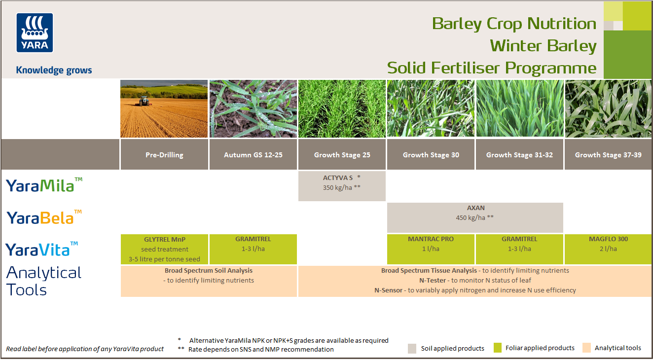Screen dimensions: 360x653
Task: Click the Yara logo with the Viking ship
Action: pyautogui.click(x=35, y=33)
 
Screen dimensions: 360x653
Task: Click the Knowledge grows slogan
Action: pyautogui.click(x=54, y=70)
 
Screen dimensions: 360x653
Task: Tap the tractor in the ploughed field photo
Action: pyautogui.click(x=144, y=101)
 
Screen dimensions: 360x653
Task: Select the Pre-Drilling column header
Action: pyautogui.click(x=164, y=155)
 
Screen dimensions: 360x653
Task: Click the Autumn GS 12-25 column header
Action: pyautogui.click(x=253, y=155)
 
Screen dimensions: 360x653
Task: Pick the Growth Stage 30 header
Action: pyautogui.click(x=431, y=155)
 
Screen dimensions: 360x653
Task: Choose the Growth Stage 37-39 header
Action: pyautogui.click(x=608, y=155)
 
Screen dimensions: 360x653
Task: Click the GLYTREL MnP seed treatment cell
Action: pyautogui.click(x=164, y=249)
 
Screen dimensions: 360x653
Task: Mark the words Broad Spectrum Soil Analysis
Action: pyautogui.click(x=208, y=271)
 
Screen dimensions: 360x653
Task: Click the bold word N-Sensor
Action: pyautogui.click(x=388, y=290)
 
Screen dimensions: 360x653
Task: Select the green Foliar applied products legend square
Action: pyautogui.click(x=497, y=348)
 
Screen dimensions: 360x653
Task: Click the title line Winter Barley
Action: pyautogui.click(x=543, y=46)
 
